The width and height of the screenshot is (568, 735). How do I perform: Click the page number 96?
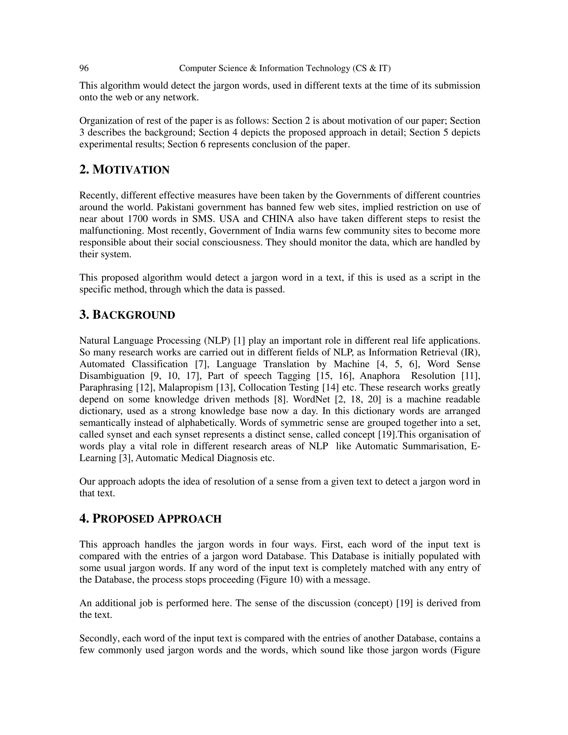[x=84, y=68]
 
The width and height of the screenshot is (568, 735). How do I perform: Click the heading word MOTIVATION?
[x=131, y=170]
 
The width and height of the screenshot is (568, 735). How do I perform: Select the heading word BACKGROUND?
[x=134, y=315]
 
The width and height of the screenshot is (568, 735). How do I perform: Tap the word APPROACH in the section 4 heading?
[x=189, y=519]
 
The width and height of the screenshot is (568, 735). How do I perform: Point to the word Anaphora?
[x=380, y=376]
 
